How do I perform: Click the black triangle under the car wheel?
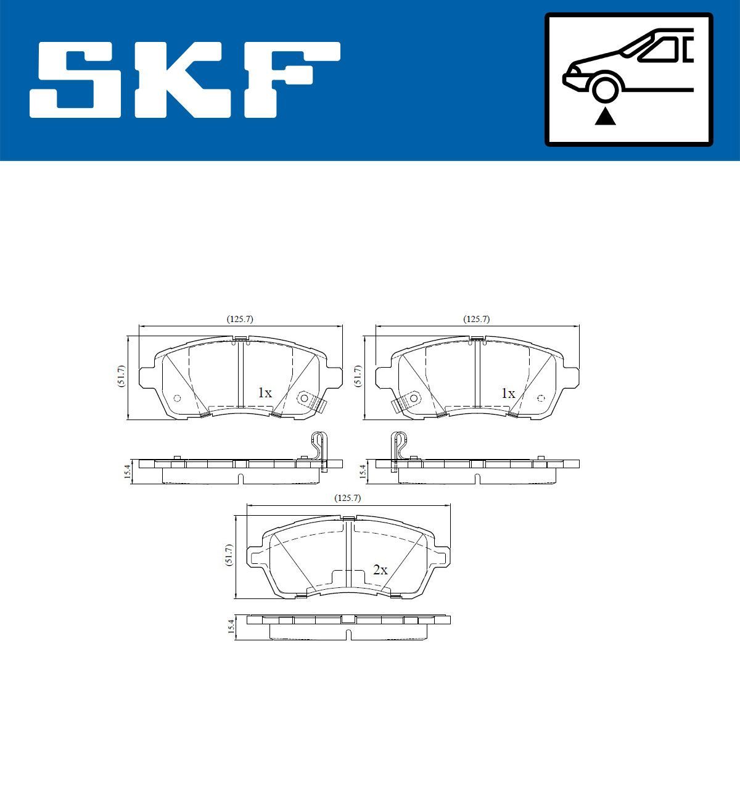click(605, 116)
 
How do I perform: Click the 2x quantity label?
click(380, 570)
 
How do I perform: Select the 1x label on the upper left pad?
click(265, 393)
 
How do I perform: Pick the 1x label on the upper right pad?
click(508, 393)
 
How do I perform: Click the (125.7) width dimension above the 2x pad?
click(347, 497)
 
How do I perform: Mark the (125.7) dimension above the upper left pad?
click(240, 319)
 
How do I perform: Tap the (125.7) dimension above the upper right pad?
click(476, 319)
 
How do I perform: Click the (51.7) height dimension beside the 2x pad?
click(229, 555)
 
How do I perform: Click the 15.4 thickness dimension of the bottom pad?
click(231, 627)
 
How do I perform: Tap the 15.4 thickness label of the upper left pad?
click(127, 471)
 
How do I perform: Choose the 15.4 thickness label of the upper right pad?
click(363, 471)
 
